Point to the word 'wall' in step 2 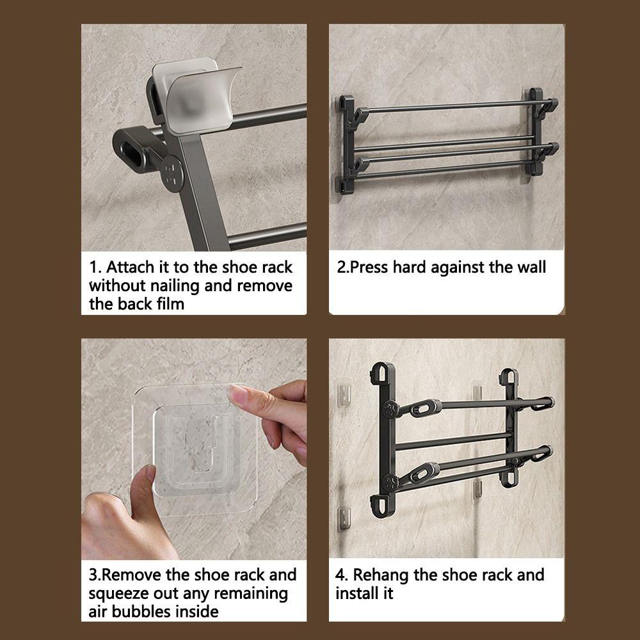tap(529, 267)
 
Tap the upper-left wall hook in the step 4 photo tap(343, 392)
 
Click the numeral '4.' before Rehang tap(341, 574)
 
